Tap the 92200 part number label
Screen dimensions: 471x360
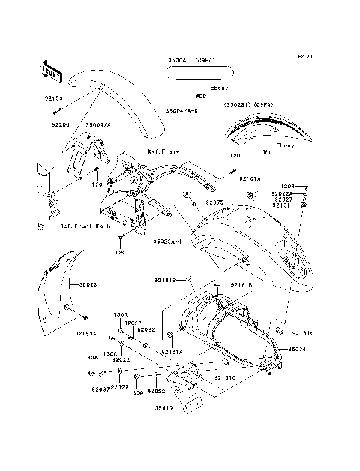[x=61, y=124]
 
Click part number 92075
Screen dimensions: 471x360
[x=215, y=202]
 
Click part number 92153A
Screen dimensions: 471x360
[x=87, y=334]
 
